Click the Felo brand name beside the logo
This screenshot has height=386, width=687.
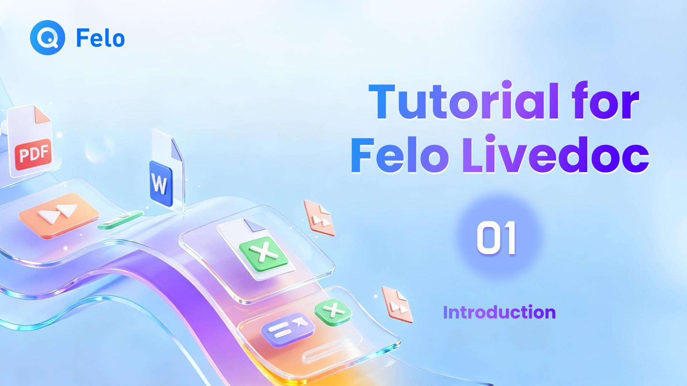point(101,39)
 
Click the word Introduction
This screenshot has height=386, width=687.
point(499,312)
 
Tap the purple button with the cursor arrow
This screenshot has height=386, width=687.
point(288,329)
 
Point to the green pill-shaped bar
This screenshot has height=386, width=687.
point(121,220)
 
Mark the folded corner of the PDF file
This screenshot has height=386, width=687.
point(42,115)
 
